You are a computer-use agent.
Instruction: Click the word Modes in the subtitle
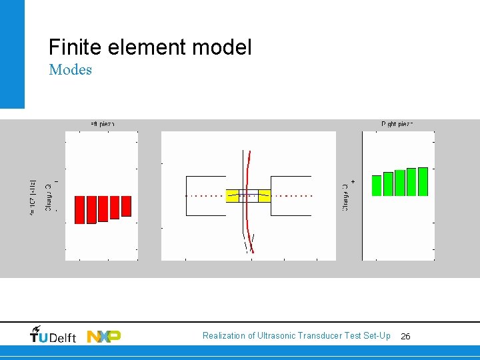(x=70, y=69)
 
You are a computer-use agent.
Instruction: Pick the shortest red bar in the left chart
(x=126, y=206)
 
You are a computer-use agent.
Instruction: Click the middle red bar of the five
(x=103, y=209)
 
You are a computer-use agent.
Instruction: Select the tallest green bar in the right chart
(x=422, y=181)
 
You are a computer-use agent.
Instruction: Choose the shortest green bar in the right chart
(x=377, y=185)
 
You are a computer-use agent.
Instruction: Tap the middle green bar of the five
(x=399, y=183)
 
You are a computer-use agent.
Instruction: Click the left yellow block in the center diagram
(x=233, y=195)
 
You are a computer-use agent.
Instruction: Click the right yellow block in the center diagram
(x=264, y=195)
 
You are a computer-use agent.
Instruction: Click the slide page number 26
(x=405, y=337)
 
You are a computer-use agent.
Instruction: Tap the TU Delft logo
(x=53, y=335)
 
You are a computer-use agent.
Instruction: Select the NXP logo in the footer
(x=104, y=336)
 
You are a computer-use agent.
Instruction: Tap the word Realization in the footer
(x=224, y=336)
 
